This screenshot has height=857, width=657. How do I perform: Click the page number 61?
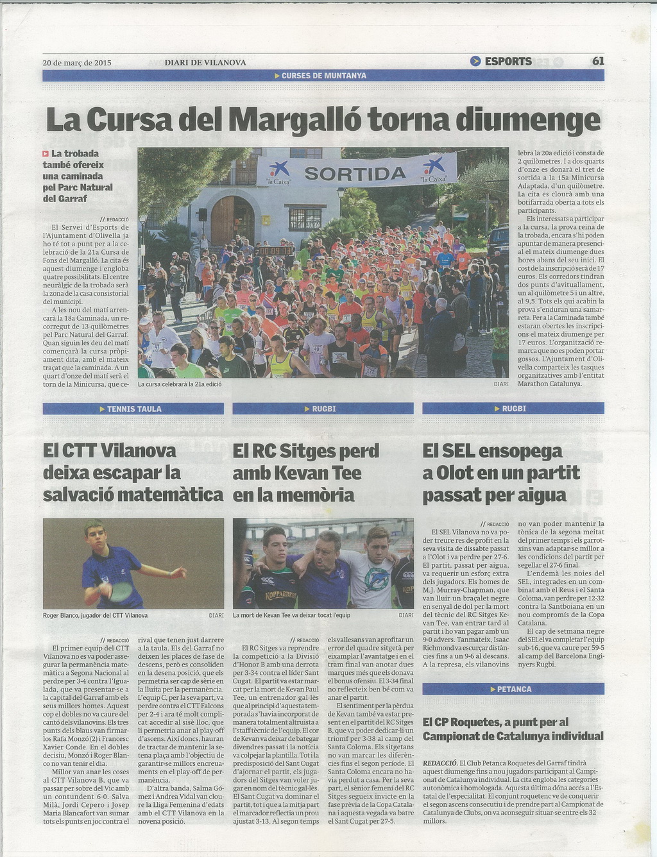[598, 62]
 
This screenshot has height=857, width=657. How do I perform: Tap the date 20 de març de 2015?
[77, 63]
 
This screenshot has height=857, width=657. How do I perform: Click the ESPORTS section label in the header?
[508, 62]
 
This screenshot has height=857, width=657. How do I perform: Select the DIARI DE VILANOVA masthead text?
[205, 63]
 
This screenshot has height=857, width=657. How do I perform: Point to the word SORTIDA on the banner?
[355, 173]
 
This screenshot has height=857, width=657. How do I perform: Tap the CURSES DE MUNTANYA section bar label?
[323, 76]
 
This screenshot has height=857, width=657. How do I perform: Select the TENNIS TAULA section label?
[133, 409]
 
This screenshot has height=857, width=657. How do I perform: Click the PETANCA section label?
[514, 690]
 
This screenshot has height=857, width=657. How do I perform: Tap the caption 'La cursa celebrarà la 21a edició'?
[180, 384]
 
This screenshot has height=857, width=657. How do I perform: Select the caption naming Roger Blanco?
[95, 615]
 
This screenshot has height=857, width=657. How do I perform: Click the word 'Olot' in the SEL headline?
[456, 473]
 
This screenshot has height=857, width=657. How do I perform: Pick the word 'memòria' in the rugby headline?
[321, 495]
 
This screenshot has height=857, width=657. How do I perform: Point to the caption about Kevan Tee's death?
[291, 615]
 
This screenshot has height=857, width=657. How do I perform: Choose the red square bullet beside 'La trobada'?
[46, 153]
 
